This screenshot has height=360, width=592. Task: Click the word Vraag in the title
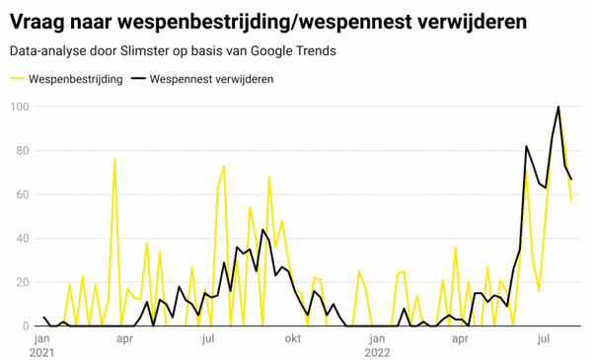pos(39,20)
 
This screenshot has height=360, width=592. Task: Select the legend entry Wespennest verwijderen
pos(212,79)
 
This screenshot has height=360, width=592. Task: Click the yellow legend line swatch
pos(17,79)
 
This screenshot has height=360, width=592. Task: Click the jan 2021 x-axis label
pos(43,344)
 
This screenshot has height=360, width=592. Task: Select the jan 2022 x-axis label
pos(378,344)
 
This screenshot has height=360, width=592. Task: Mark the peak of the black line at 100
pos(558,107)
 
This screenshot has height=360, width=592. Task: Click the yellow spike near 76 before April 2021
pos(114,159)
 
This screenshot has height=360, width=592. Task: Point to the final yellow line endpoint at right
pos(571,200)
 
